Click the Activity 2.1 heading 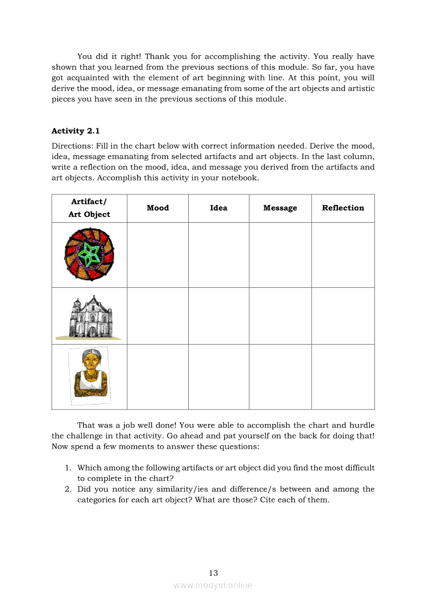point(75,131)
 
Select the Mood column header point(157,208)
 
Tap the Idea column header point(219,208)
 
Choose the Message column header point(280,208)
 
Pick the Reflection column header point(343,208)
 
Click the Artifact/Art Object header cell point(89,208)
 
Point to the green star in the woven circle point(90,254)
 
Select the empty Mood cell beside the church point(157,316)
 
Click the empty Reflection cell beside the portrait point(343,377)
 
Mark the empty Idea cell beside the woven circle point(219,255)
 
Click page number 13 point(214,573)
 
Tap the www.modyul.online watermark point(213,585)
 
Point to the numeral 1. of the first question point(68,468)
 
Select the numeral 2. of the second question point(68,489)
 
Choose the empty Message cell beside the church point(280,316)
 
